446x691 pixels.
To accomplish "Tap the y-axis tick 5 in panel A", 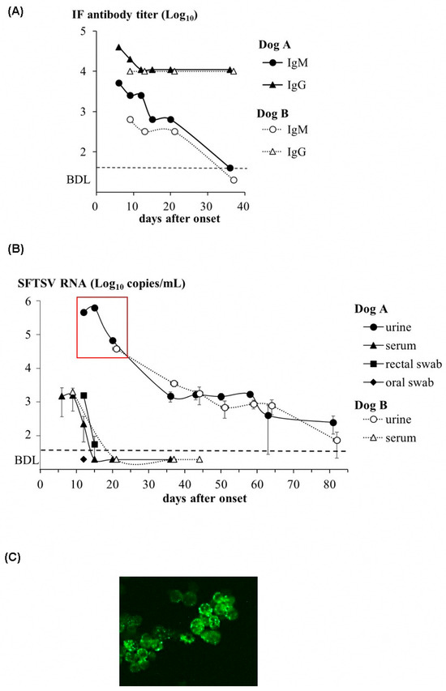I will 84,32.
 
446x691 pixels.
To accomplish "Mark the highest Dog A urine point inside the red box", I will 95,308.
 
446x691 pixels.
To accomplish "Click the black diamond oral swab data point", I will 84,459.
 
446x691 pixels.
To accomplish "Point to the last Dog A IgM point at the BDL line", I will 229,168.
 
